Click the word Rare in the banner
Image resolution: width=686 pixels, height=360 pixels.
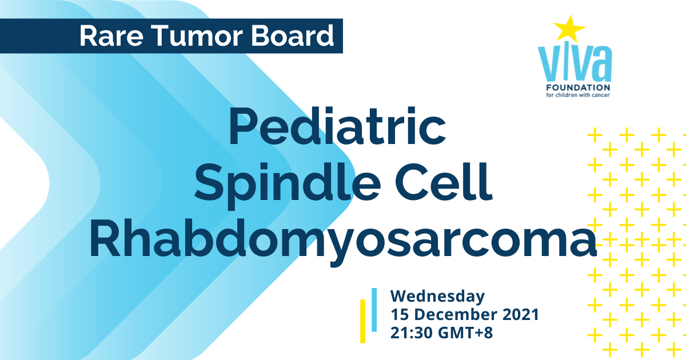point(111,36)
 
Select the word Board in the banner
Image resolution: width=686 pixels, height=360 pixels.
point(293,36)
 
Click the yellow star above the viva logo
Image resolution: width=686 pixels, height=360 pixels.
point(569,29)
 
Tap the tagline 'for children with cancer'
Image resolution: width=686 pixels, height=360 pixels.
point(578,95)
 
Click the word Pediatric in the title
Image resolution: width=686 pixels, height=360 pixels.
point(337,126)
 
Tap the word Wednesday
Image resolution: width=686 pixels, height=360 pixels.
point(438,297)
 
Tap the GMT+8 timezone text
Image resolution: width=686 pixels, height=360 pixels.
point(465,333)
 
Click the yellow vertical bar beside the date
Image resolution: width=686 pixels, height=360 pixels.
point(362,321)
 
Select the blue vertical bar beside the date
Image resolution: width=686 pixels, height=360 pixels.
point(374,310)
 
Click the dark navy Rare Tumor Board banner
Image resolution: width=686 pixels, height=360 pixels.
point(171,36)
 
